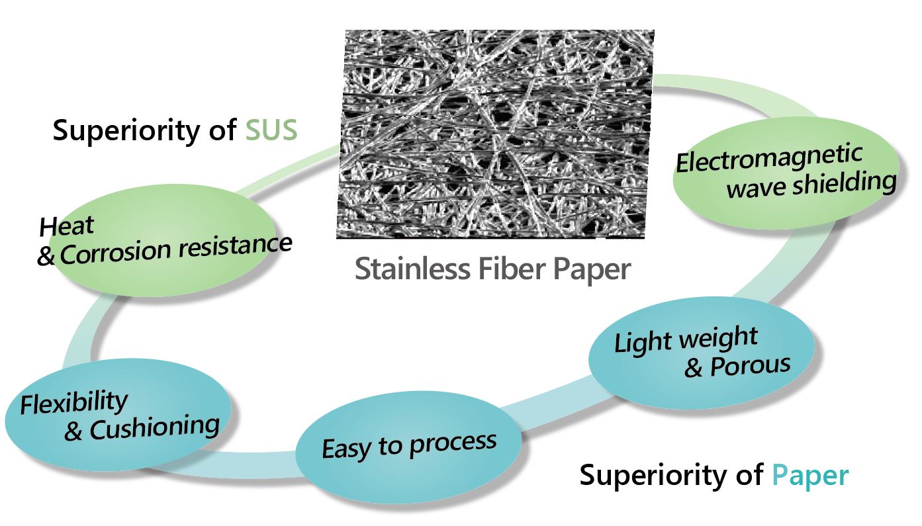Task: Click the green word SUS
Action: (x=271, y=130)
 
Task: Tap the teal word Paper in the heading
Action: (x=810, y=476)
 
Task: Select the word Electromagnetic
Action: (x=769, y=158)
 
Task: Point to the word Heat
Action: (x=67, y=226)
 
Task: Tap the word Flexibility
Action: (x=74, y=402)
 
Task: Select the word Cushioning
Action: (x=155, y=429)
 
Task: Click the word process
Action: (x=453, y=444)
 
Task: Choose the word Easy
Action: (x=347, y=449)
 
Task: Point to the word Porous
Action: (x=751, y=365)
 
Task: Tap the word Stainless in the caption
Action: (x=412, y=269)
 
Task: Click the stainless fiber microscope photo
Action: (x=495, y=134)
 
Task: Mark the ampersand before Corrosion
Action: (x=46, y=257)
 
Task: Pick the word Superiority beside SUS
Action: (x=126, y=131)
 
